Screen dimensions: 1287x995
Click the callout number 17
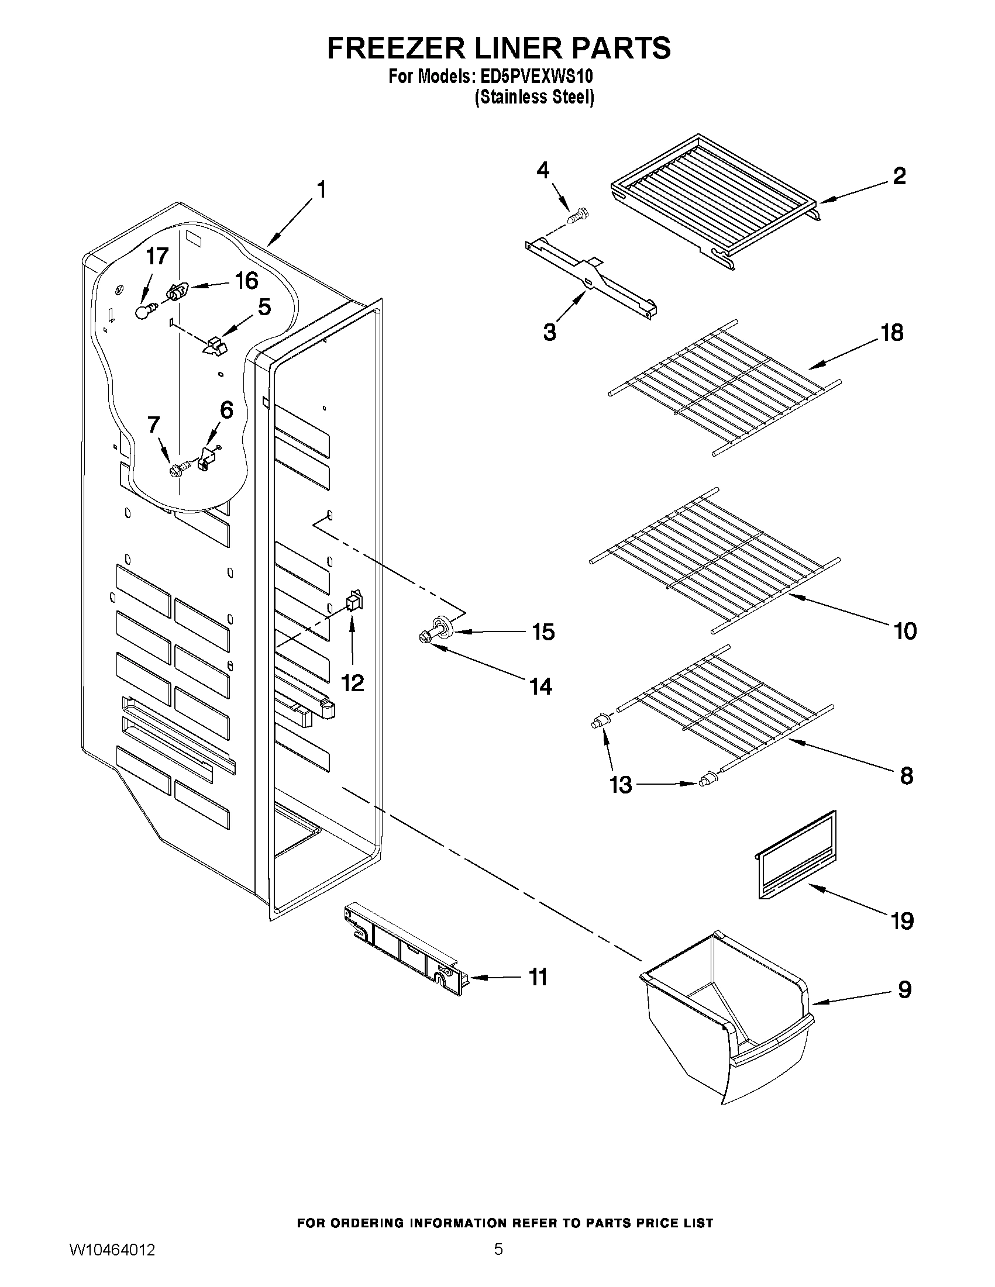[157, 256]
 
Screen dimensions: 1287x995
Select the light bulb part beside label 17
[143, 311]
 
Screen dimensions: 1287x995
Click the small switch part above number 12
[354, 600]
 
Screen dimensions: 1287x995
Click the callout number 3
[549, 332]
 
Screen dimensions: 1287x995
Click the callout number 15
[543, 632]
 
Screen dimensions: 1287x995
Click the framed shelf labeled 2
[713, 201]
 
